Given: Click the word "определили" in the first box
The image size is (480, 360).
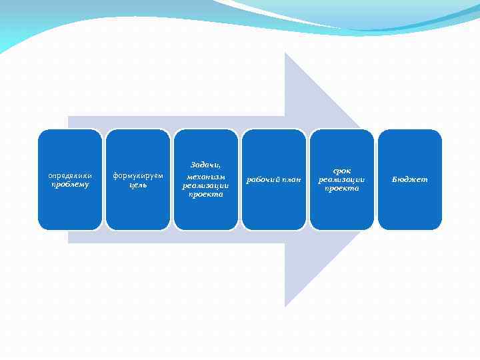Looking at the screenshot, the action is click(70, 175).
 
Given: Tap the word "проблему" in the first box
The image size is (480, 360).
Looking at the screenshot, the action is click(70, 185).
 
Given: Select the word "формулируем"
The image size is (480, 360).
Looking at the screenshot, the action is click(138, 175).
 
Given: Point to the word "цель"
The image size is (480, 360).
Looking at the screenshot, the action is click(138, 185).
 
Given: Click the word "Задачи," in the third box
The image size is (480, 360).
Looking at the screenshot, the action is click(205, 165).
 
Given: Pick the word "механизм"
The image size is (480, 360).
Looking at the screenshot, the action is click(205, 175).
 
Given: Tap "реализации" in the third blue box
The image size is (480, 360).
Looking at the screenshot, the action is click(205, 185).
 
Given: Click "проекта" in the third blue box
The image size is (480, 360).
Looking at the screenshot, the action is click(205, 195).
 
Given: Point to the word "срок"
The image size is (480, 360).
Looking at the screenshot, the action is click(341, 171).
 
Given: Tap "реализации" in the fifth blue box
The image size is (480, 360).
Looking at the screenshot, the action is click(341, 179).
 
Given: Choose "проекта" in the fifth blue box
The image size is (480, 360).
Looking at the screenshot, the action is click(341, 189).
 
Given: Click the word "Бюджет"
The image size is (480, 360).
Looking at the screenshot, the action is click(410, 180).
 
